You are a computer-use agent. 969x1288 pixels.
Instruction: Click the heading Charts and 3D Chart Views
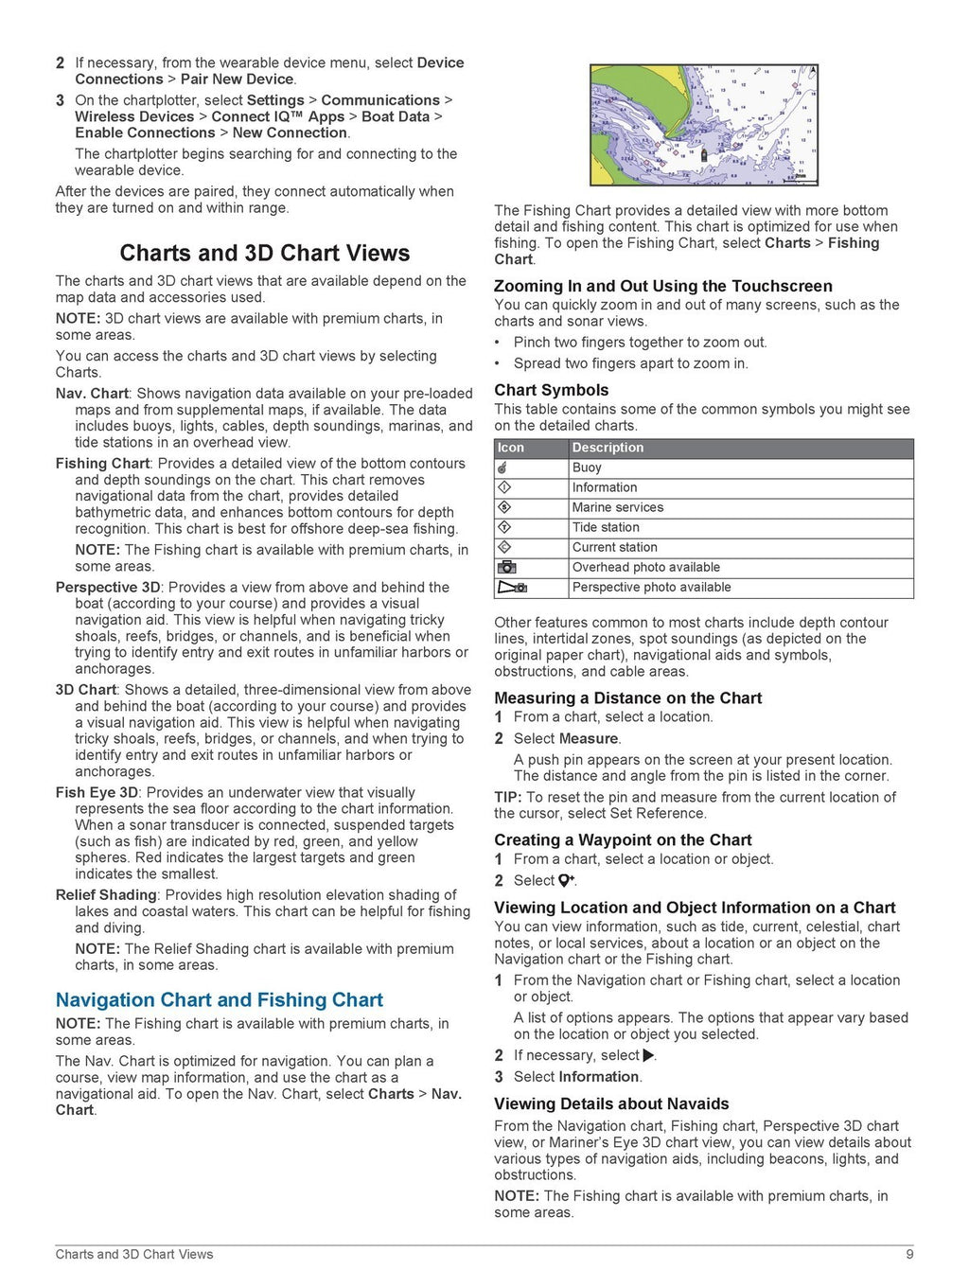264,254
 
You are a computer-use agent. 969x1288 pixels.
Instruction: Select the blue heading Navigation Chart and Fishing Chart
219,1000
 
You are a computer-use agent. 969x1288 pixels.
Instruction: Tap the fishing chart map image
703,125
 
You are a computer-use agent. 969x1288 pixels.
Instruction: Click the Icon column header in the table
511,448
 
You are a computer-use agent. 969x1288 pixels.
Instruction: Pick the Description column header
608,448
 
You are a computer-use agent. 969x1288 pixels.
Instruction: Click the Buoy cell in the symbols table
587,468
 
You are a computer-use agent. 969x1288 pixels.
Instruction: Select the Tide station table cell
606,527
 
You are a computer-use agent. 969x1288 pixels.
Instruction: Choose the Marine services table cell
617,507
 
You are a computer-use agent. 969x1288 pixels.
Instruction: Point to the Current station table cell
614,547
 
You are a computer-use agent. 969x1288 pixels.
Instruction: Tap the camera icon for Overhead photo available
506,567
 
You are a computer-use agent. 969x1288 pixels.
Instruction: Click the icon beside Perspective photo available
512,588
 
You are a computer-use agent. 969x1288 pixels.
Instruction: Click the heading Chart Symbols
551,390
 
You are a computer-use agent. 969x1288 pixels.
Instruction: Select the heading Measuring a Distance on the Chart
627,698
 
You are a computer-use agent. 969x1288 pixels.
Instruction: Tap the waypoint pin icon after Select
566,881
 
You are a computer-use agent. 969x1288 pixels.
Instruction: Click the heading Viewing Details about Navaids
611,1104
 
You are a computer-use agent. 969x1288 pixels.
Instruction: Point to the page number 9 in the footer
909,1255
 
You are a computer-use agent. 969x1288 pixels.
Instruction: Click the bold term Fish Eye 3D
97,793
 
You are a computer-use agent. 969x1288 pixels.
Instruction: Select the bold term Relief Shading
106,895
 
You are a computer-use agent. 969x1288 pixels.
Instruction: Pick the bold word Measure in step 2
589,739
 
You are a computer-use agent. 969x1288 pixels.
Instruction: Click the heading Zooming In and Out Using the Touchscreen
662,287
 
